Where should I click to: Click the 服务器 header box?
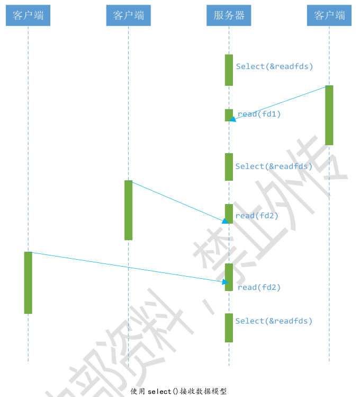[x=229, y=15]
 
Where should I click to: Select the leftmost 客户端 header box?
[x=28, y=15]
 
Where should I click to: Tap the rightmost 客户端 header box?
[x=329, y=15]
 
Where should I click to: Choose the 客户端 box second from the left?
[x=128, y=15]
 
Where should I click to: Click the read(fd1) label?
[x=259, y=114]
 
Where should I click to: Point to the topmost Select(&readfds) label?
[x=274, y=66]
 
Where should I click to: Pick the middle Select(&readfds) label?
[x=274, y=166]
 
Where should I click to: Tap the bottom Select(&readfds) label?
[x=274, y=321]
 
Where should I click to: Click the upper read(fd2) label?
[x=257, y=216]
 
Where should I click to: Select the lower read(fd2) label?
[x=259, y=287]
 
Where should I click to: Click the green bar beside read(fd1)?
[x=229, y=115]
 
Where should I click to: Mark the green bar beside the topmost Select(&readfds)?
[x=229, y=70]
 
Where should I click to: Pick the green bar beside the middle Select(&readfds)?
[x=229, y=167]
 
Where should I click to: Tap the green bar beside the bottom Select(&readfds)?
[x=229, y=328]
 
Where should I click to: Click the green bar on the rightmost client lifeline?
[x=329, y=115]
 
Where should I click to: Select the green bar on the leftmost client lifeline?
[x=28, y=283]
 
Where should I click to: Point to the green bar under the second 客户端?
[x=128, y=210]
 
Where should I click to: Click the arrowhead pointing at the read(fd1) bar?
[x=232, y=119]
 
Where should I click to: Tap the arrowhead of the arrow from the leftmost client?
[x=225, y=282]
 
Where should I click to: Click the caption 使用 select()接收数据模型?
[x=178, y=391]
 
